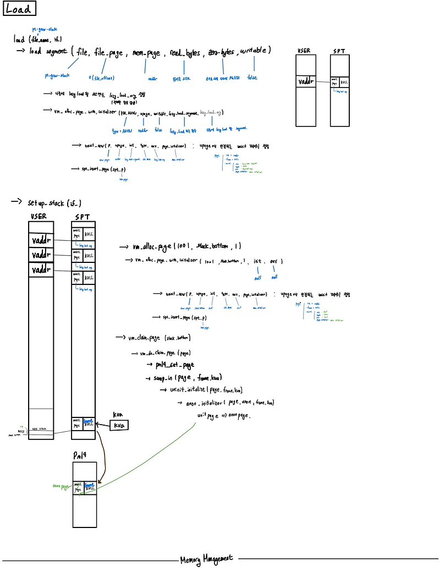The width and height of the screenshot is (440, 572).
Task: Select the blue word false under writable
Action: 252,78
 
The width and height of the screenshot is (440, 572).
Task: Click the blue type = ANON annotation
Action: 123,131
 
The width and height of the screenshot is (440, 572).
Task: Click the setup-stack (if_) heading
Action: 54,203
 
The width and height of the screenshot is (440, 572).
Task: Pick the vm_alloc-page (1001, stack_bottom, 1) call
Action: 187,246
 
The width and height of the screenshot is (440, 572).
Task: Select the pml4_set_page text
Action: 175,365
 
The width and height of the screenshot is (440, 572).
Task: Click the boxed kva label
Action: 119,425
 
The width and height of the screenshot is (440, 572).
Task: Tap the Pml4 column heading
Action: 81,455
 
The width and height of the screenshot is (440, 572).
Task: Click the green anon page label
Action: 60,486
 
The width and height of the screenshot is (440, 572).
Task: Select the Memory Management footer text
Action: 206,559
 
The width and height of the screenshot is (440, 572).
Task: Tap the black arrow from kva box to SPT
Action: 103,424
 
